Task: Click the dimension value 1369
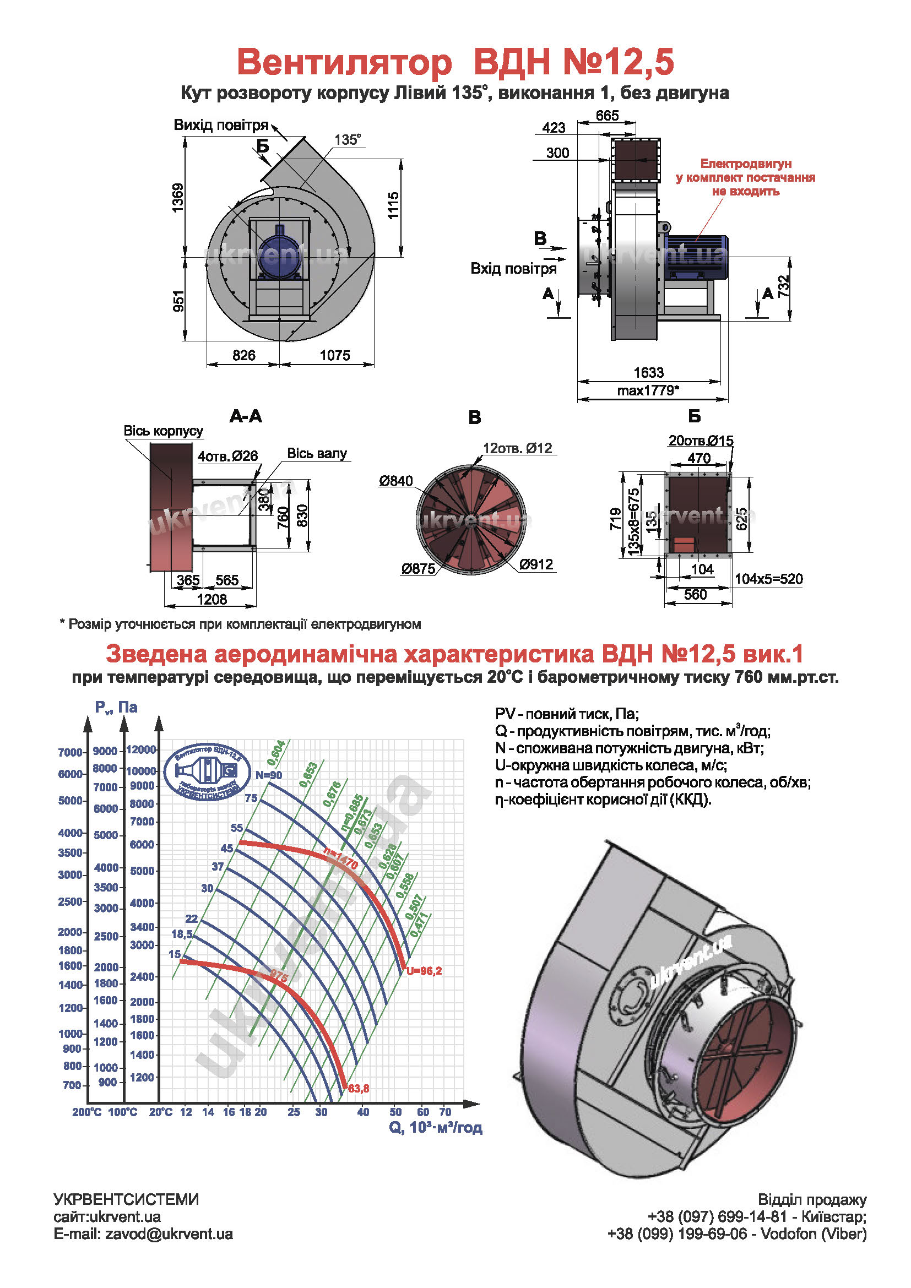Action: (178, 198)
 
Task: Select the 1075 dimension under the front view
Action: (335, 355)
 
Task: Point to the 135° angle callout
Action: (348, 140)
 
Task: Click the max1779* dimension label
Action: (648, 390)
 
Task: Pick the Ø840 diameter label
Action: (395, 481)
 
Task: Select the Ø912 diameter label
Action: (536, 564)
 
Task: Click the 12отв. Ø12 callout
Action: (517, 448)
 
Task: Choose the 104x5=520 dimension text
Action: (768, 579)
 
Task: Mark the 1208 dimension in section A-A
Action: (212, 599)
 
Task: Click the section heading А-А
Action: (246, 416)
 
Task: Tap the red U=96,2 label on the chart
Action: (424, 971)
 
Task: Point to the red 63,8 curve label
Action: (359, 1088)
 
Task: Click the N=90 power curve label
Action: (269, 775)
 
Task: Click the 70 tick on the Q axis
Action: (445, 1112)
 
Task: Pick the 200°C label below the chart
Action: (86, 1112)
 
